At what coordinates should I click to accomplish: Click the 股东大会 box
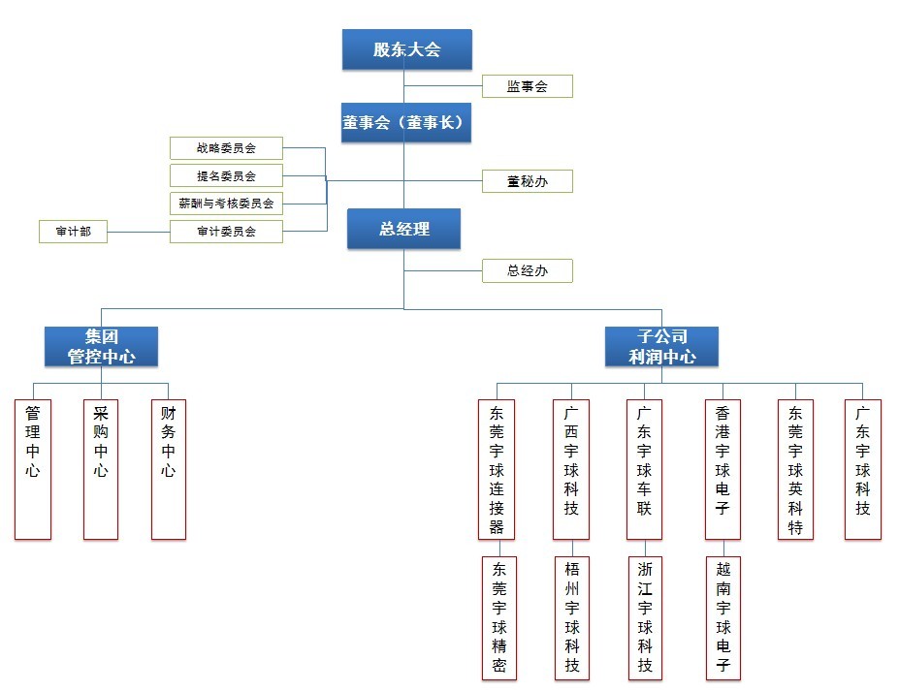[406, 49]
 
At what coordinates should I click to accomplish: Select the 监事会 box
[527, 86]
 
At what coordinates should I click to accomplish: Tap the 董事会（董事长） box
[406, 123]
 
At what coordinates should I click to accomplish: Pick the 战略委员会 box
[226, 148]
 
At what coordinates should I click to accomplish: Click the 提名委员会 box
[226, 175]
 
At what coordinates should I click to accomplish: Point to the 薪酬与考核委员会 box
[226, 204]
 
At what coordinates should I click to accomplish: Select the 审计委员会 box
[226, 232]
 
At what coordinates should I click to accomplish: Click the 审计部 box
[73, 232]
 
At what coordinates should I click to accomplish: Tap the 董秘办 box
[527, 181]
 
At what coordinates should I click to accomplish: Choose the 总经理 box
[403, 230]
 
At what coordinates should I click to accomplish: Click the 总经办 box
[527, 270]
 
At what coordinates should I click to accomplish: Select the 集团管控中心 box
[101, 347]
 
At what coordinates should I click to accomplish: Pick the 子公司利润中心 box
[661, 347]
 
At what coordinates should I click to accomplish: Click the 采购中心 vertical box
[101, 469]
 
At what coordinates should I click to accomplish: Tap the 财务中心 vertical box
[169, 469]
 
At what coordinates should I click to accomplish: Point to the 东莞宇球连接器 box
[497, 469]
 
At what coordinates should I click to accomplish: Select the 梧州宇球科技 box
[572, 617]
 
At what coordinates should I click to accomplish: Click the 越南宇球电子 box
[723, 617]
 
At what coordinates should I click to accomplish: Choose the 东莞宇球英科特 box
[796, 469]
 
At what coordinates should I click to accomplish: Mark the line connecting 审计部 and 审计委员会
[139, 232]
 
